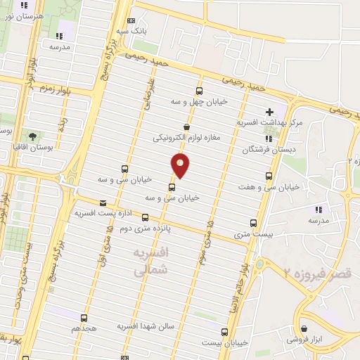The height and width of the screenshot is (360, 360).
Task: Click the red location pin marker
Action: pos(181,166)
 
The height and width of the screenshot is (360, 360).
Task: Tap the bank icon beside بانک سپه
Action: pos(131,21)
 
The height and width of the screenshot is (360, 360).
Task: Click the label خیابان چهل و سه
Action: pos(200,102)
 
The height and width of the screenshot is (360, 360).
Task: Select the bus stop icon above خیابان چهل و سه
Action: pos(199,91)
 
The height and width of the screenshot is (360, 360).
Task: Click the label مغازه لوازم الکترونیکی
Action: pos(187,138)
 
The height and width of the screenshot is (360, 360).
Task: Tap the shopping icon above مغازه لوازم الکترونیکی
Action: pos(186,127)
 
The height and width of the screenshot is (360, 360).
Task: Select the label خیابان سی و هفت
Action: pos(271,187)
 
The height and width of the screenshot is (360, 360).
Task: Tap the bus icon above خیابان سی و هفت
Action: pos(268,176)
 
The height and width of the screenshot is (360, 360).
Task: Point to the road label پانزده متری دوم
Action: pos(146,229)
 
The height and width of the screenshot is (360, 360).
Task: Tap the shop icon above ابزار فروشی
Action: pos(304,328)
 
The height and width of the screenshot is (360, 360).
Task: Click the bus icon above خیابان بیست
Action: pos(225,331)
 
